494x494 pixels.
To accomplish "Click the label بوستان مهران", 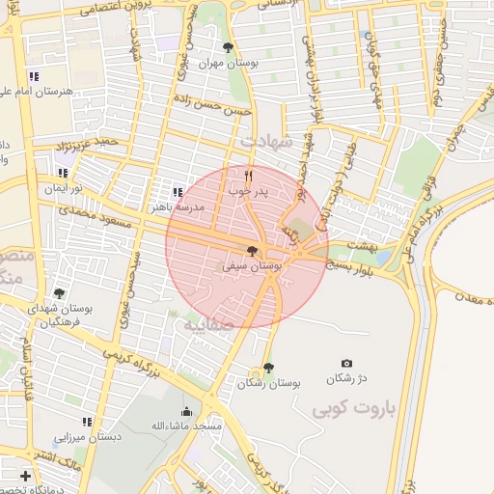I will [224, 63].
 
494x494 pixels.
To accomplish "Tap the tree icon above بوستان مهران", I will [228, 47].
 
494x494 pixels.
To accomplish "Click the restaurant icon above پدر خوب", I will [249, 176].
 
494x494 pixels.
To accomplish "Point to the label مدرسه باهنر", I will [177, 206].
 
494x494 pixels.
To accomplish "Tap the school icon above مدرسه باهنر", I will [177, 192].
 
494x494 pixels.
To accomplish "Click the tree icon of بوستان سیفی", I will [253, 251].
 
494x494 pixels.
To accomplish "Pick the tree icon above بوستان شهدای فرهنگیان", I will [59, 293].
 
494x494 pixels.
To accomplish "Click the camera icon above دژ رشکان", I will [347, 362].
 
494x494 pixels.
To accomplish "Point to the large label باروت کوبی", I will [354, 410].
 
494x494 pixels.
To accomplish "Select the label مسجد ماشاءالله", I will [186, 425].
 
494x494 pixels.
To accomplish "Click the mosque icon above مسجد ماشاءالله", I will [186, 411].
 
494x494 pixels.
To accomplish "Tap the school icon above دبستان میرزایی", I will [88, 422].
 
